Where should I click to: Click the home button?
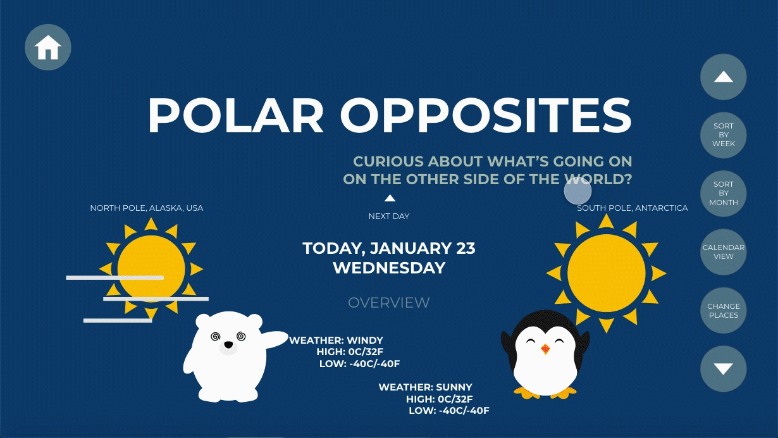pos(48,47)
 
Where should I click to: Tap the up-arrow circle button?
pos(724,77)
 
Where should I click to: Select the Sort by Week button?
pos(724,135)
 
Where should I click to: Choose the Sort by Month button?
pos(724,193)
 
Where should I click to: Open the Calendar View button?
pos(724,252)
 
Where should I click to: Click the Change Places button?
pos(724,310)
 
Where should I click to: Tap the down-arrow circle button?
pos(724,369)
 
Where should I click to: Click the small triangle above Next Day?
pos(390,198)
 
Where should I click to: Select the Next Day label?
pos(389,216)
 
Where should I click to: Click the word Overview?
pos(388,303)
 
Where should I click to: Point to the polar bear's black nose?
pos(228,345)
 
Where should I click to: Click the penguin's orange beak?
pos(545,349)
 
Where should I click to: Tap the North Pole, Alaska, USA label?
pos(147,208)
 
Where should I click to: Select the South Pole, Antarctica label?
pos(633,208)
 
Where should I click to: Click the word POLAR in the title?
pos(235,115)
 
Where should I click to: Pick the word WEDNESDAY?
pos(389,268)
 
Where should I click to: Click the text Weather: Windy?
pos(337,340)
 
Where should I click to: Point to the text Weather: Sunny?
pos(426,387)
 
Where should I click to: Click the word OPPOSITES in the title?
pos(486,115)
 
